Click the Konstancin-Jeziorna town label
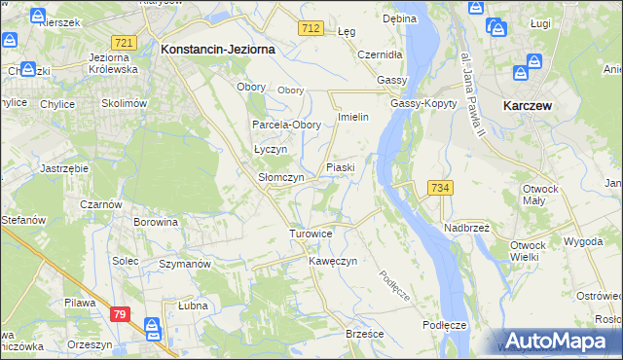tap(218, 48)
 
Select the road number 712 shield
tap(311, 30)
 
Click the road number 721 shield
tap(124, 44)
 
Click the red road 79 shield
tap(120, 313)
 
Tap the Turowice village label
tap(311, 234)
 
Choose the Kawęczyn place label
tap(334, 262)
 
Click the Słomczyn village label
tap(281, 178)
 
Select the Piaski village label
tap(340, 167)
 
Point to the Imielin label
tap(351, 117)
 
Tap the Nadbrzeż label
tap(466, 227)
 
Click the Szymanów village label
tap(185, 264)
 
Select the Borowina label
tap(156, 222)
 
